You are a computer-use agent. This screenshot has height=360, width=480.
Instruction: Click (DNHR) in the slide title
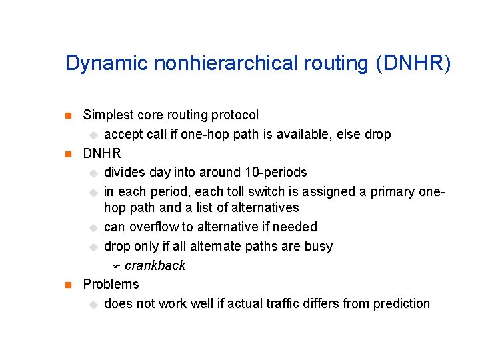413,64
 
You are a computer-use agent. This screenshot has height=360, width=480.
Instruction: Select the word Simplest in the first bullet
107,115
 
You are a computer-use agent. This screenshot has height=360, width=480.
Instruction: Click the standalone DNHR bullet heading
102,153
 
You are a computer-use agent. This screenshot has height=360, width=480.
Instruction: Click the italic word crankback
155,265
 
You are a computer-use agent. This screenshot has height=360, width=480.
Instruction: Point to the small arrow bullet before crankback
115,266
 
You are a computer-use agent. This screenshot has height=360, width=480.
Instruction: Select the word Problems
111,284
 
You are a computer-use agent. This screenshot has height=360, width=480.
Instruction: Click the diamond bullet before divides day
94,173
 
